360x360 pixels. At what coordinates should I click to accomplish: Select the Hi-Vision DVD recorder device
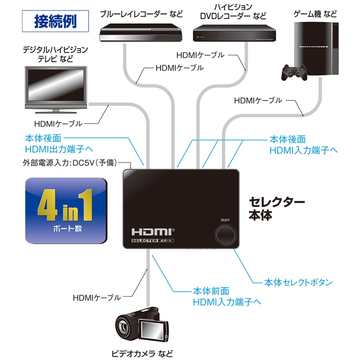(234, 34)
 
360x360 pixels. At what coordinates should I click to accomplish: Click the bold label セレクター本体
(276, 208)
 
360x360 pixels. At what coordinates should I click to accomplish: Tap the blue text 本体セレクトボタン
(298, 283)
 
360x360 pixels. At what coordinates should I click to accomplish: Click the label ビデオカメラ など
(142, 353)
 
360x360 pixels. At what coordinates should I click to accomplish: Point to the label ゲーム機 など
(315, 14)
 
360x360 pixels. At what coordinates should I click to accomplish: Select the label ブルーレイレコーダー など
(135, 13)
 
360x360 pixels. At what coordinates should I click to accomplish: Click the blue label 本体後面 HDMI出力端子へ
(62, 144)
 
